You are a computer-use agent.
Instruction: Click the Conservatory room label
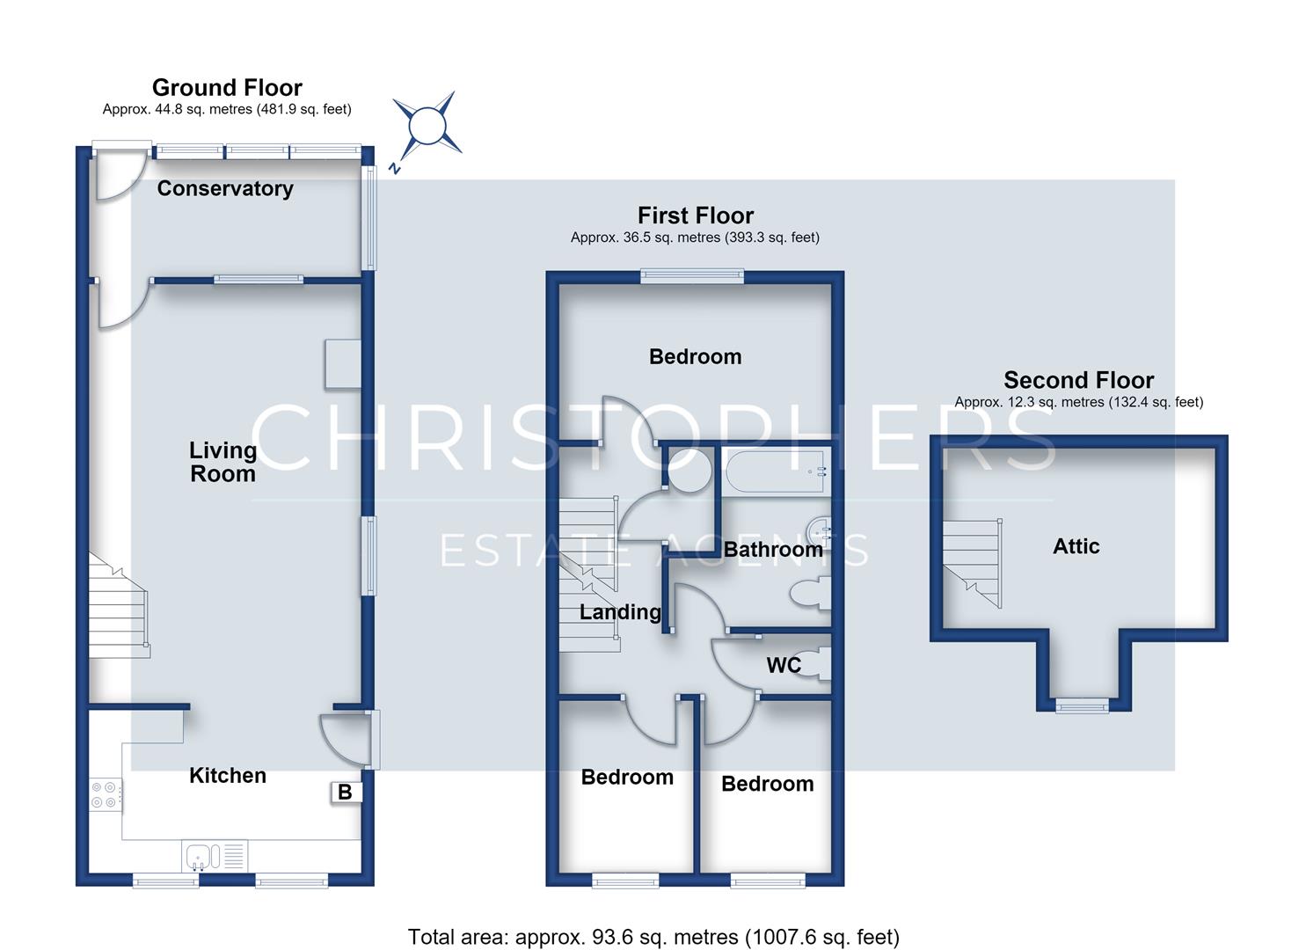coord(225,188)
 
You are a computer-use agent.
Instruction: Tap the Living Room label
coord(223,462)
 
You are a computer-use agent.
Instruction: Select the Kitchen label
coord(228,776)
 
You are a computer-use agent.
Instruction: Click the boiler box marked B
coord(346,792)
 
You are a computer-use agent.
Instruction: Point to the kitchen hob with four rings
coord(106,795)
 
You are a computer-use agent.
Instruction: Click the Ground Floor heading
coord(228,87)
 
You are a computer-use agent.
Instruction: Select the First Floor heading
coord(696,216)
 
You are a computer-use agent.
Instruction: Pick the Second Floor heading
coord(1078,380)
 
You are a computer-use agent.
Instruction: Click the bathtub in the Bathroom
coord(776,471)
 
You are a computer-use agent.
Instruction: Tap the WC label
coord(784,665)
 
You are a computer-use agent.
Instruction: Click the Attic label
coord(1076,546)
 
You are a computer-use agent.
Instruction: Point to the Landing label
coord(620,612)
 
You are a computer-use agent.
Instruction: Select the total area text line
coord(653,920)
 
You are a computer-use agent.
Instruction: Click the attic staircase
coord(973,563)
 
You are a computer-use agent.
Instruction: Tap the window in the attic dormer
coord(1082,706)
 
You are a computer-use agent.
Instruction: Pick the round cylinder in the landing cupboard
coord(689,469)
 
